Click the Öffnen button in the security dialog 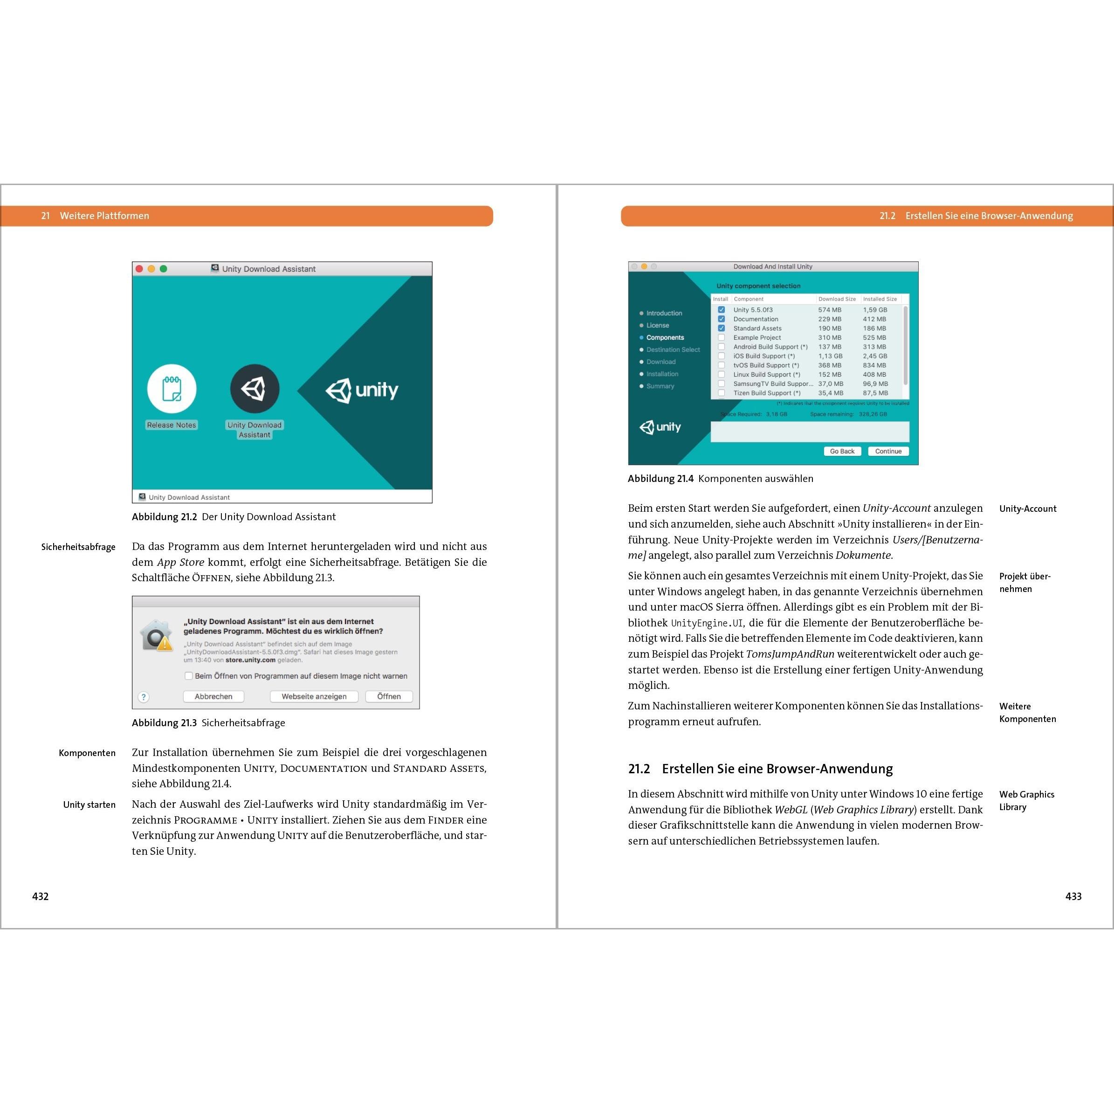(x=389, y=696)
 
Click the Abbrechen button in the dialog (x=213, y=696)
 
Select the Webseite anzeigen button (x=314, y=696)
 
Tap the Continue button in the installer (x=888, y=452)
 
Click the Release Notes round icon (x=172, y=389)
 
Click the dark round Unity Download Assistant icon (x=255, y=389)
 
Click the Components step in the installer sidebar (x=665, y=338)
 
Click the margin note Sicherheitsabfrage (x=78, y=547)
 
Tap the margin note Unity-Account (x=1027, y=509)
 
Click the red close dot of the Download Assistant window (x=139, y=268)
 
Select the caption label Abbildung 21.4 (x=660, y=479)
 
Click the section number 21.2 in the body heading (x=639, y=769)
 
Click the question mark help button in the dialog (x=144, y=697)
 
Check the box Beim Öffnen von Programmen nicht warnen (x=189, y=676)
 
